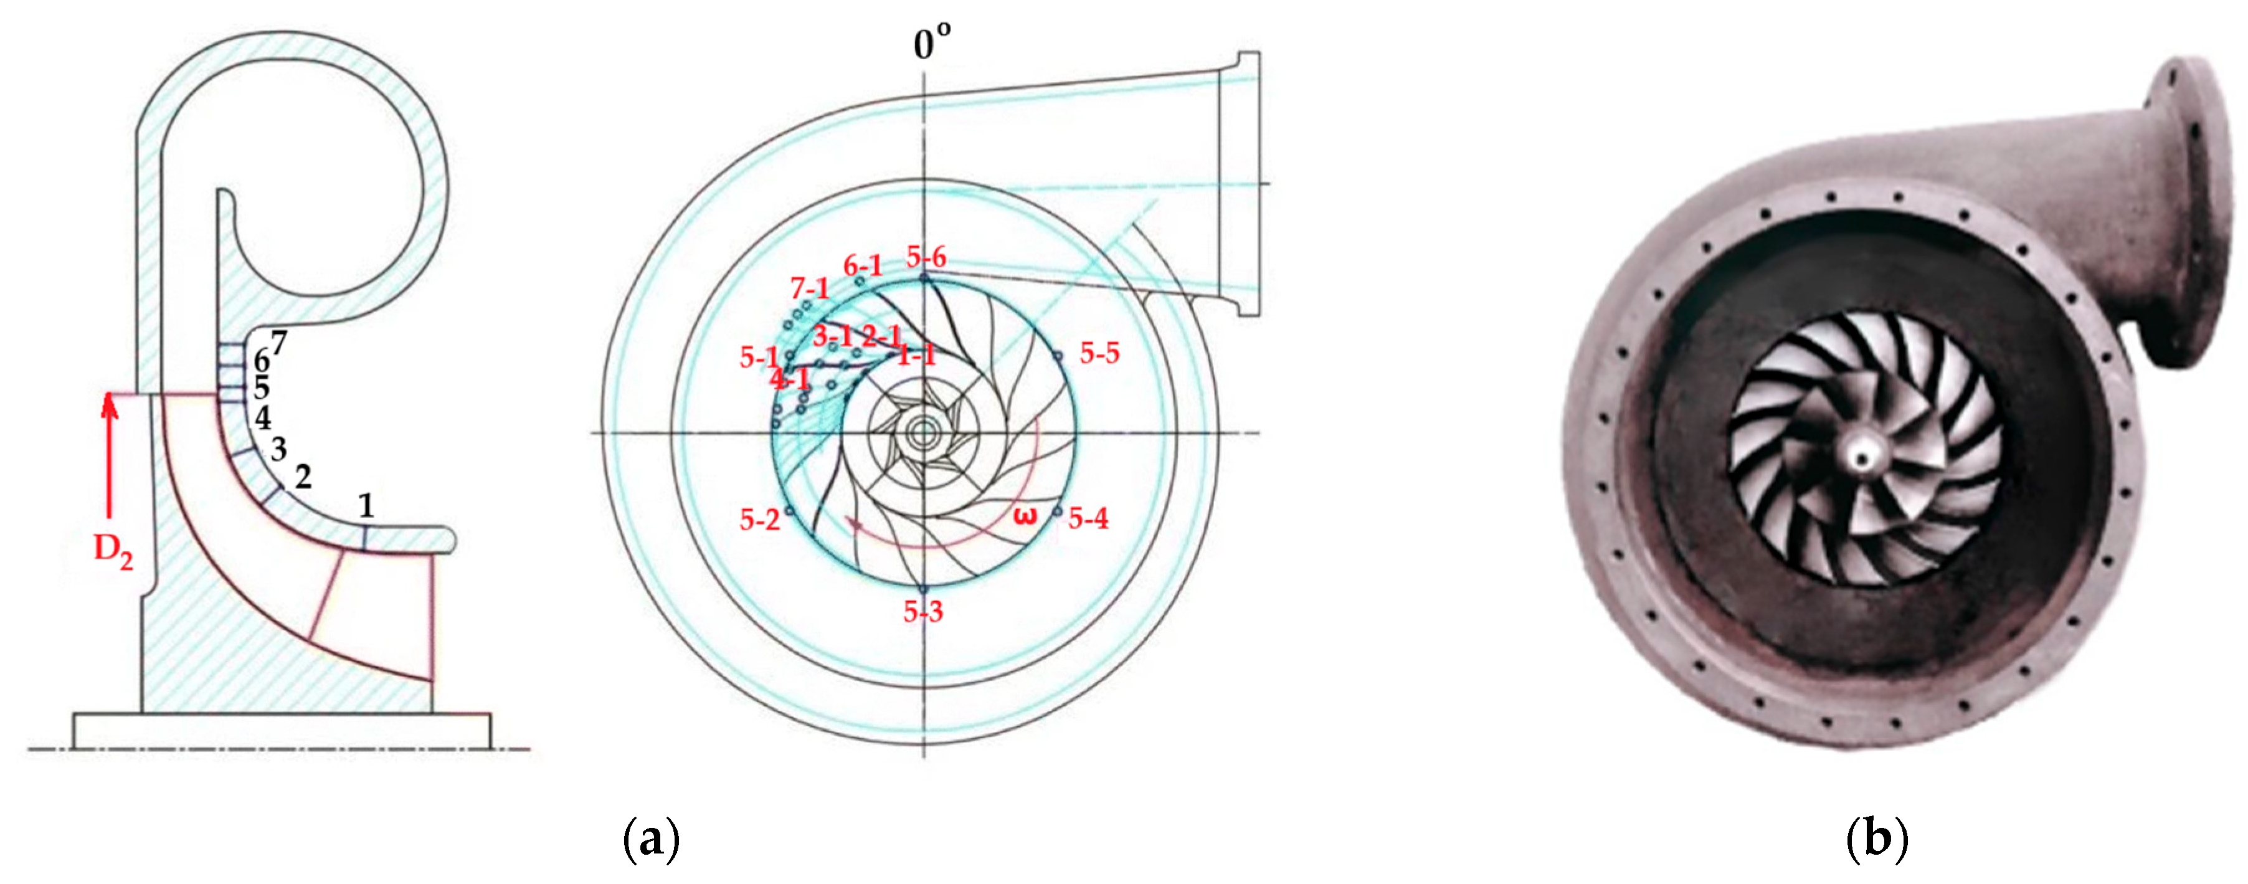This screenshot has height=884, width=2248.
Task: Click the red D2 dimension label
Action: coord(113,551)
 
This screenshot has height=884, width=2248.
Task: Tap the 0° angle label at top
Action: coord(932,42)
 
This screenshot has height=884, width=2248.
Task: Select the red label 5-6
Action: coord(926,257)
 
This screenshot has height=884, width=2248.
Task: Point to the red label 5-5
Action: coord(1099,353)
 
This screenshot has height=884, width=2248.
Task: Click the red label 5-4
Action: coord(1088,518)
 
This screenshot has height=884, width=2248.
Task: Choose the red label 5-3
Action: coord(923,612)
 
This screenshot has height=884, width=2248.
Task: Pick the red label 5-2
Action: coord(759,520)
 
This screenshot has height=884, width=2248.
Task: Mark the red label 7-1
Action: coord(809,288)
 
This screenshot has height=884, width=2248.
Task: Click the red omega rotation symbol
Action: coord(1027,516)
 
